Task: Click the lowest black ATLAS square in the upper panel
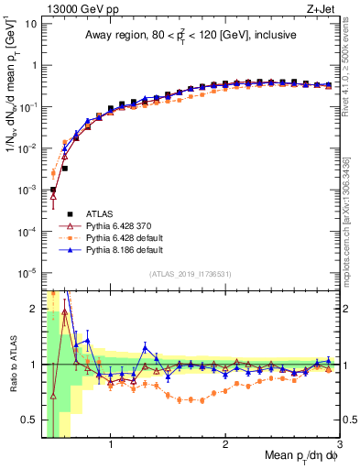coord(53,190)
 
